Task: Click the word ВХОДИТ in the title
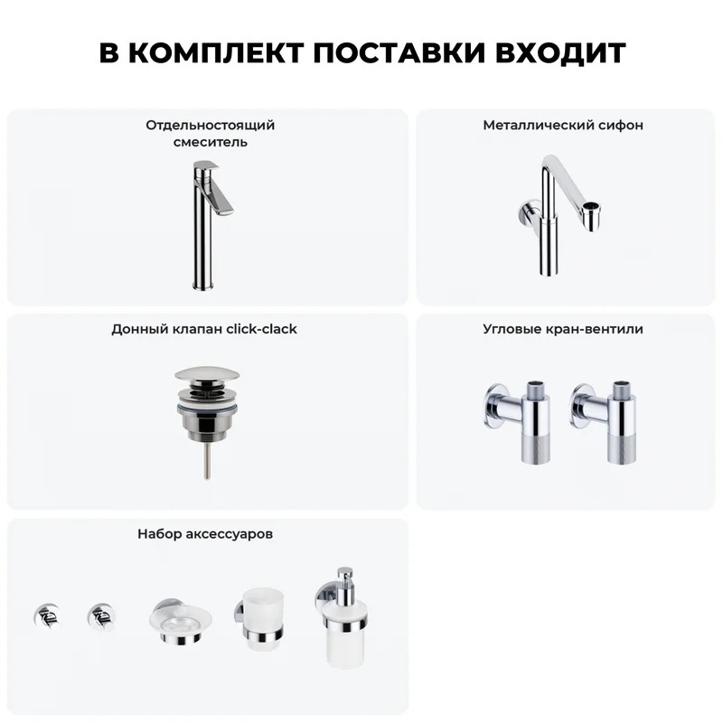[x=560, y=52]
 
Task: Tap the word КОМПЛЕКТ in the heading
[x=216, y=52]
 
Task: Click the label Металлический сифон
[x=562, y=125]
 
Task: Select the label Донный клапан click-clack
[x=204, y=329]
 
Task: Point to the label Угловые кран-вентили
[x=562, y=329]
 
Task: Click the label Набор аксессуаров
[x=205, y=534]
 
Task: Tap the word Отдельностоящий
[x=211, y=126]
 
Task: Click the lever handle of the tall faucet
[x=216, y=190]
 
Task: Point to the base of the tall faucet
[x=202, y=284]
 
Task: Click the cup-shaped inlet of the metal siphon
[x=591, y=216]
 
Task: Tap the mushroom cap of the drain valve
[x=207, y=374]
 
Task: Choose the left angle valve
[x=519, y=421]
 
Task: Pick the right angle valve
[x=604, y=421]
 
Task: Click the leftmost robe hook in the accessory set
[x=46, y=616]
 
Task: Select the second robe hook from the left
[x=100, y=616]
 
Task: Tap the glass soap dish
[x=180, y=622]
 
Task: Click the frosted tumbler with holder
[x=260, y=618]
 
